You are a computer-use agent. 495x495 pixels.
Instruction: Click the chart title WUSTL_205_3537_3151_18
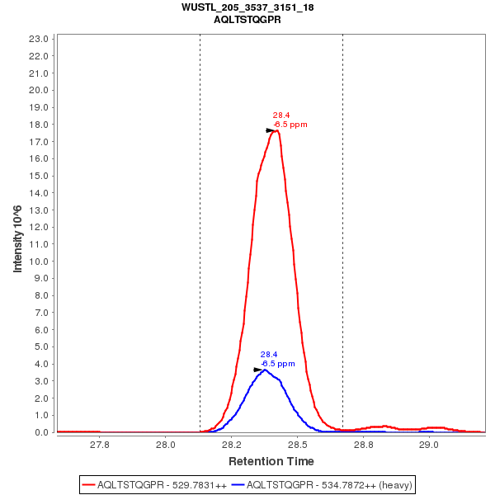pos(247,7)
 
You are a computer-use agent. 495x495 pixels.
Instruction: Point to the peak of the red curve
pos(277,130)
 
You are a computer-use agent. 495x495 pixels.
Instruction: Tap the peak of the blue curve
pos(264,370)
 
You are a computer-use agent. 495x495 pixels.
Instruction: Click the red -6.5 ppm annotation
pos(290,125)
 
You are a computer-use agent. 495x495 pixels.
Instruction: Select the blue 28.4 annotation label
pos(269,354)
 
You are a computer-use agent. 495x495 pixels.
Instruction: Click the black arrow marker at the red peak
pos(271,130)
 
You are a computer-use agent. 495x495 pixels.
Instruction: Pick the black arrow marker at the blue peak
pos(258,370)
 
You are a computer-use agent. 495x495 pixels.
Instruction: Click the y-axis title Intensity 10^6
pos(17,234)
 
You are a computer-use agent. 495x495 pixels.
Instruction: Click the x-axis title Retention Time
pos(271,460)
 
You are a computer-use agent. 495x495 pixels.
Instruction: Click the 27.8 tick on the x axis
pos(100,443)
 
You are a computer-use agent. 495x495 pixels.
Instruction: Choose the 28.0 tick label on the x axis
pos(166,443)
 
